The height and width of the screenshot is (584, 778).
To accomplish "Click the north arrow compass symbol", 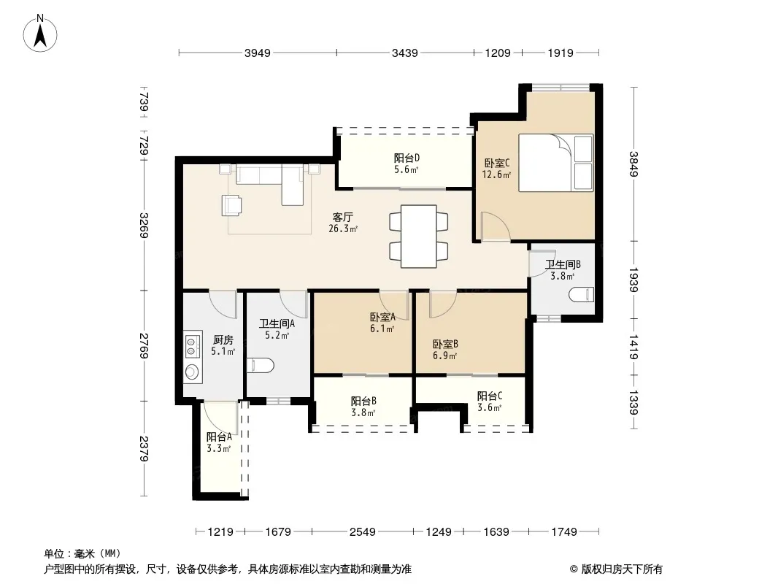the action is click(40, 34).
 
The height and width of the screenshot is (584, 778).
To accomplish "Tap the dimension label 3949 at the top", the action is click(258, 53).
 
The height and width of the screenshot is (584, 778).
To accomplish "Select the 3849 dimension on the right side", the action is click(633, 164).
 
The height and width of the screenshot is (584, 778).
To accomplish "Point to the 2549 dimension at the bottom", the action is click(362, 532).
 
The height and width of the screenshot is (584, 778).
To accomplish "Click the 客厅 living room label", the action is click(343, 218).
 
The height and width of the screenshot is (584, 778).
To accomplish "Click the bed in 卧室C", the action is click(555, 162).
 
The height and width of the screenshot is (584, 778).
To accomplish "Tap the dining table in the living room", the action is click(419, 237).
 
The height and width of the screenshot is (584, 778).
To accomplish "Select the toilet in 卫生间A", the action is click(261, 366).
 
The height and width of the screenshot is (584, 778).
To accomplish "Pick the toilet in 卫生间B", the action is click(581, 294).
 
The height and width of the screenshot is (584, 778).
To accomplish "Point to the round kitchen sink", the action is click(191, 372).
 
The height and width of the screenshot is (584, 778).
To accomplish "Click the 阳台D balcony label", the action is click(407, 158).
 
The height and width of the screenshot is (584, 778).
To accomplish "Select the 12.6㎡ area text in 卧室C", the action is click(496, 174).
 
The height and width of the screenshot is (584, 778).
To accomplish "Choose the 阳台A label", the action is click(219, 437).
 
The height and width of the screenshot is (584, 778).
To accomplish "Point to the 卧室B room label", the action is click(445, 344).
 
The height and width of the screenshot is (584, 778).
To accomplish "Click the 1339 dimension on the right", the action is click(633, 402).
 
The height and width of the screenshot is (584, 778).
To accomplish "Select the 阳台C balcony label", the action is click(490, 396).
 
